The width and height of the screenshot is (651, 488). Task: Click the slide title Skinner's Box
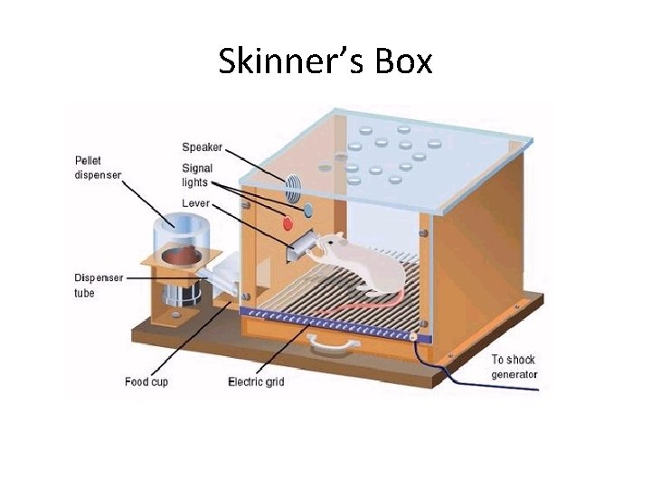coord(325,61)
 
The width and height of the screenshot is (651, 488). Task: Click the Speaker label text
coord(202,147)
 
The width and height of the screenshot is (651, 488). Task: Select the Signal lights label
coord(197,174)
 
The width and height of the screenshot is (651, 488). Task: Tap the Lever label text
coord(195,203)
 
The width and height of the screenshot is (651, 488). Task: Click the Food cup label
coord(146,381)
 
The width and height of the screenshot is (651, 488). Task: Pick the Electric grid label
coord(256,381)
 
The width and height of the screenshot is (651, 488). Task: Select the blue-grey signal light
coord(307,211)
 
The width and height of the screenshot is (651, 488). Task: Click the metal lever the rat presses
coord(301,245)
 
